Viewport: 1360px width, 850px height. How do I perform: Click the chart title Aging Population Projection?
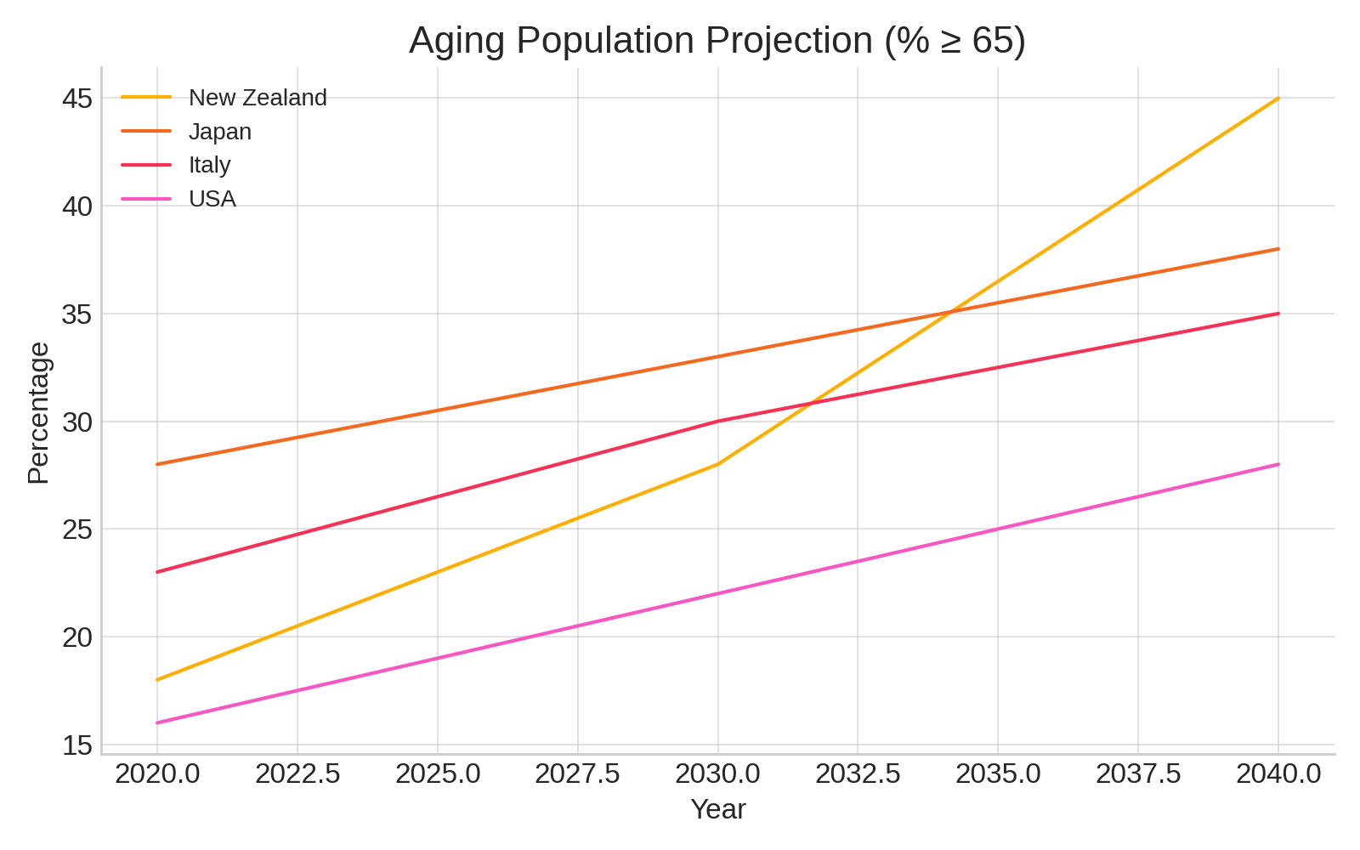(717, 41)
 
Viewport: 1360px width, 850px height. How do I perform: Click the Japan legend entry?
(219, 132)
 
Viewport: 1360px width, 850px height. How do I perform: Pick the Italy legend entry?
(209, 165)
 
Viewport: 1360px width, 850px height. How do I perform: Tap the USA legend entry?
(212, 199)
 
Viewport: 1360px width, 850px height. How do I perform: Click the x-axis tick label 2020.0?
(157, 774)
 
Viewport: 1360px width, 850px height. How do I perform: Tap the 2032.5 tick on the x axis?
(858, 774)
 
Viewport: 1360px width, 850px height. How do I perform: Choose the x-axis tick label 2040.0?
(1278, 774)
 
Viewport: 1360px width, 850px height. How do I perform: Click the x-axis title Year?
(717, 809)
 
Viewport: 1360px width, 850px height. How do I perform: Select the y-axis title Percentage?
(38, 413)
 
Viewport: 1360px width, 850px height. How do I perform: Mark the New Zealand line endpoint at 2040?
(1278, 99)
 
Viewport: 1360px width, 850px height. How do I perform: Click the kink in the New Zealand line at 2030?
(718, 464)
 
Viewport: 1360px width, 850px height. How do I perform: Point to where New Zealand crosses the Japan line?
(951, 312)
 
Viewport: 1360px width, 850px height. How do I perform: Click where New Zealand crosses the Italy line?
(807, 404)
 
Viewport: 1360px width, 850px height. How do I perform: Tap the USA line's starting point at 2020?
(157, 722)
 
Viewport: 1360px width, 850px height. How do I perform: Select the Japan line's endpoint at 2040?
(1278, 249)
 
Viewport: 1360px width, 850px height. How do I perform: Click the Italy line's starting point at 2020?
(157, 572)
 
